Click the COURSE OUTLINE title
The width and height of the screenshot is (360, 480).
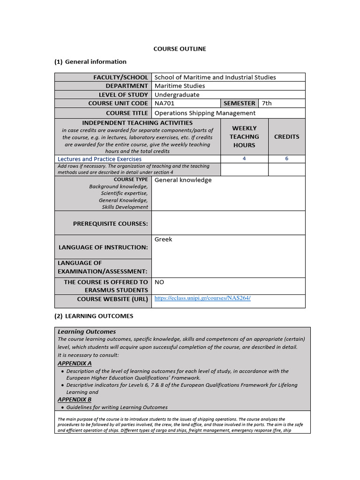pyautogui.click(x=180, y=49)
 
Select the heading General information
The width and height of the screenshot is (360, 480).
pyautogui.click(x=95, y=61)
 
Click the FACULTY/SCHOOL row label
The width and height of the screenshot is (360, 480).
pyautogui.click(x=120, y=77)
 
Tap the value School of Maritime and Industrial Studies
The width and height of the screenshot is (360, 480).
pyautogui.click(x=215, y=77)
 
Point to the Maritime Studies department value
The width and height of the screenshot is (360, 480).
pyautogui.click(x=180, y=86)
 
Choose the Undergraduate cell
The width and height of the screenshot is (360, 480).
pyautogui.click(x=177, y=95)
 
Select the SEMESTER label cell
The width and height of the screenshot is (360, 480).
pyautogui.click(x=240, y=103)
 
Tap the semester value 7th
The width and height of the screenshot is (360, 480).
pyautogui.click(x=267, y=103)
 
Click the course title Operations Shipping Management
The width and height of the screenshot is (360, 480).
pyautogui.click(x=205, y=113)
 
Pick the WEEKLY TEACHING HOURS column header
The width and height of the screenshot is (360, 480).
pyautogui.click(x=244, y=136)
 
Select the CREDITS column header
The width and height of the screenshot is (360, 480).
pyautogui.click(x=286, y=136)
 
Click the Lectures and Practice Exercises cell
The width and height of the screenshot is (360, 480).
pyautogui.click(x=99, y=159)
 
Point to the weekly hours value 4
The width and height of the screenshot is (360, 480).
pyautogui.click(x=244, y=159)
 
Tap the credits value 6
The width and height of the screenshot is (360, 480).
pyautogui.click(x=286, y=159)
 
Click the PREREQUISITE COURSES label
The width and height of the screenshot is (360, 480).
pyautogui.click(x=110, y=224)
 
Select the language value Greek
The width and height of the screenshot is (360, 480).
pyautogui.click(x=163, y=239)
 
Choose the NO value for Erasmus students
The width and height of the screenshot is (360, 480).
pyautogui.click(x=159, y=282)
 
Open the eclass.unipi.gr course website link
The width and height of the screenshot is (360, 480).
pyautogui.click(x=202, y=298)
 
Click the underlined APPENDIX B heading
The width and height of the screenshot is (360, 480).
pyautogui.click(x=75, y=399)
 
